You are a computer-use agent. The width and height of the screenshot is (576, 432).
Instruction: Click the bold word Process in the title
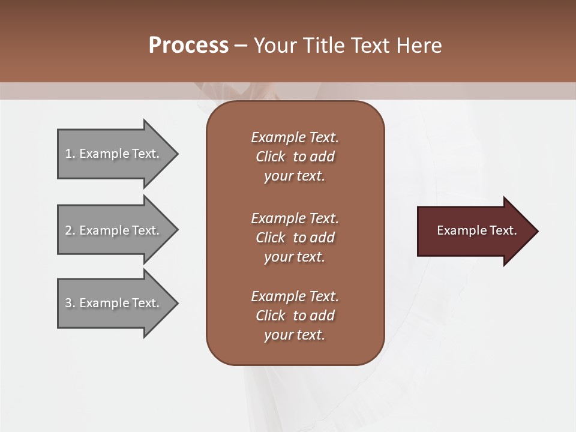point(188,46)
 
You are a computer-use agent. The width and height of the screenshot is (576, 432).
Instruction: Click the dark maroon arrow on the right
point(474,231)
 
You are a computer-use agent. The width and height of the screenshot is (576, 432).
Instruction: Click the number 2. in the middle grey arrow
point(70,230)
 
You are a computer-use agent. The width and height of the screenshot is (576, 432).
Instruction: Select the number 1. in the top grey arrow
point(70,154)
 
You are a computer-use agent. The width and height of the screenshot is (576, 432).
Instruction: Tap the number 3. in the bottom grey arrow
point(70,303)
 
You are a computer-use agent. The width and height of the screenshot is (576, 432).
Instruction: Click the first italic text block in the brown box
point(295,157)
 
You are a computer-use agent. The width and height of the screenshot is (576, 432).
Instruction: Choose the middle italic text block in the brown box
point(295,238)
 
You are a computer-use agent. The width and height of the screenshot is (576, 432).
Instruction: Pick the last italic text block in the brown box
point(295,316)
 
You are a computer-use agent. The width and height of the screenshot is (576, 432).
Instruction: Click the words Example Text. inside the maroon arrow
point(476,230)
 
